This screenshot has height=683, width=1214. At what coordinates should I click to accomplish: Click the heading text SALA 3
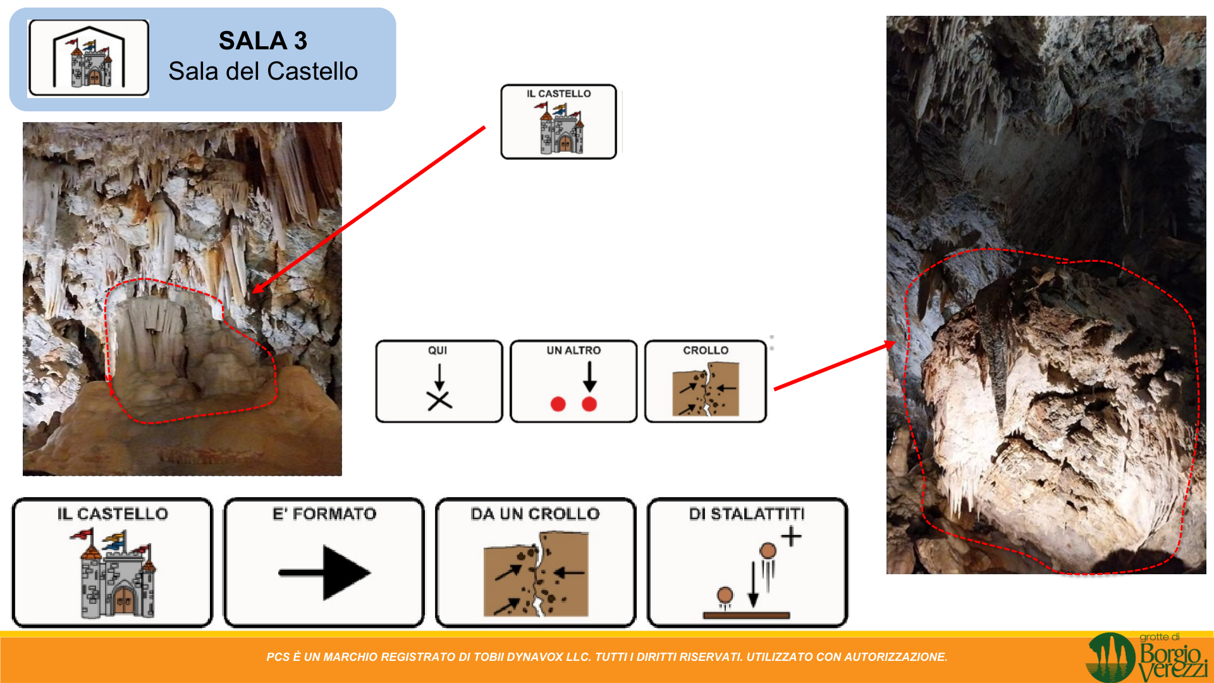coord(263,41)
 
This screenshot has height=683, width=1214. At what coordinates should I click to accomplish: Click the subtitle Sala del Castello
coord(263,71)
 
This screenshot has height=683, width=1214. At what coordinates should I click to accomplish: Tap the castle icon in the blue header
coord(89,58)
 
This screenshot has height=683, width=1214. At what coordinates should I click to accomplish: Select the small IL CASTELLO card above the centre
coord(558,121)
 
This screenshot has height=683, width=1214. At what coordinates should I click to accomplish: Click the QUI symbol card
coord(439,381)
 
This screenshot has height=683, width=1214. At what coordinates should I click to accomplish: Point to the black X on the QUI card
coord(439,400)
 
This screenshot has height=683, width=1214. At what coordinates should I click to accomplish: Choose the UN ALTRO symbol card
coord(573,381)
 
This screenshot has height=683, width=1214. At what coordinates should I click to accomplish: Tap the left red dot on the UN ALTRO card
coord(558,404)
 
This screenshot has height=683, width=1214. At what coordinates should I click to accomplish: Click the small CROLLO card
coord(706,381)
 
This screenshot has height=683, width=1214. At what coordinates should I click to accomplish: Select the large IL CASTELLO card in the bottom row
coord(113,562)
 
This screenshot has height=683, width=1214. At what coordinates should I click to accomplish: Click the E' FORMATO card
coord(324,562)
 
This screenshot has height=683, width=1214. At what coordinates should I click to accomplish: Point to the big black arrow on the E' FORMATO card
coord(324,572)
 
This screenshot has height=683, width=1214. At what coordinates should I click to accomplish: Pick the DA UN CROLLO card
coord(536,562)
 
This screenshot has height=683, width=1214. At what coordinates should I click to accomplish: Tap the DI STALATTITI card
coord(747,562)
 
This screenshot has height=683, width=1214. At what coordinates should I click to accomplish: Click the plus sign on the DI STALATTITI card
coord(791,537)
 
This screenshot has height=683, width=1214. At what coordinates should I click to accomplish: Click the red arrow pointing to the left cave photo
coord(369,210)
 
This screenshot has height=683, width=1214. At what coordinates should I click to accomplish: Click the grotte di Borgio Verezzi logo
coord(1146,658)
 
